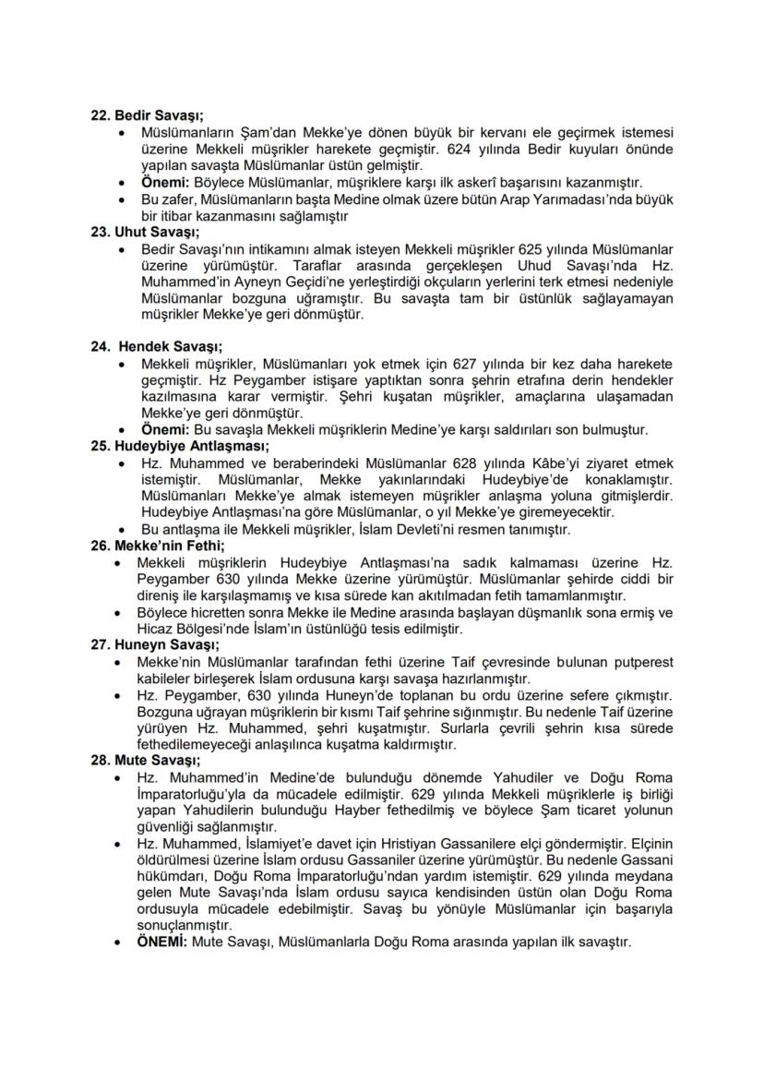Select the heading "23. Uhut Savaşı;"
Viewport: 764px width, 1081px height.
[143, 232]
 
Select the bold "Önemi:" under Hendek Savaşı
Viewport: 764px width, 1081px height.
[162, 429]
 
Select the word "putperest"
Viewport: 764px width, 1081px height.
[636, 662]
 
